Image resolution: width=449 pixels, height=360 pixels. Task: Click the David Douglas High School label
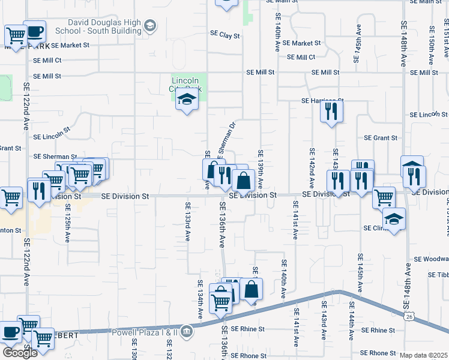pyautogui.click(x=99, y=26)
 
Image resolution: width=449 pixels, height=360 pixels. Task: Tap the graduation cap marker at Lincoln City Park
pyautogui.click(x=187, y=101)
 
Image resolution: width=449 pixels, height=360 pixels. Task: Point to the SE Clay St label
pyautogui.click(x=225, y=36)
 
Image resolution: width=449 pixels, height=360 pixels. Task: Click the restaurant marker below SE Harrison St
pyautogui.click(x=331, y=112)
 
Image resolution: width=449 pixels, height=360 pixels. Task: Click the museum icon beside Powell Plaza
pyautogui.click(x=186, y=331)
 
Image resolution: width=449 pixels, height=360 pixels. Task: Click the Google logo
pyautogui.click(x=20, y=353)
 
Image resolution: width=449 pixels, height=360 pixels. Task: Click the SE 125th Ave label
pyautogui.click(x=68, y=222)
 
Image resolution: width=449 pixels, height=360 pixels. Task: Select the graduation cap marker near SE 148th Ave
pyautogui.click(x=394, y=220)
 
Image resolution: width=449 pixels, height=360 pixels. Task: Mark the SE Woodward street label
pyautogui.click(x=431, y=259)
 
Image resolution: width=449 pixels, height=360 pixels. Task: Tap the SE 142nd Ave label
pyautogui.click(x=312, y=166)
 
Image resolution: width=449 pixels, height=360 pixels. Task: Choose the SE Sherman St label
pyautogui.click(x=55, y=156)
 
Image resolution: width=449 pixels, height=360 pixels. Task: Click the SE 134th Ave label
pyautogui.click(x=200, y=299)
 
